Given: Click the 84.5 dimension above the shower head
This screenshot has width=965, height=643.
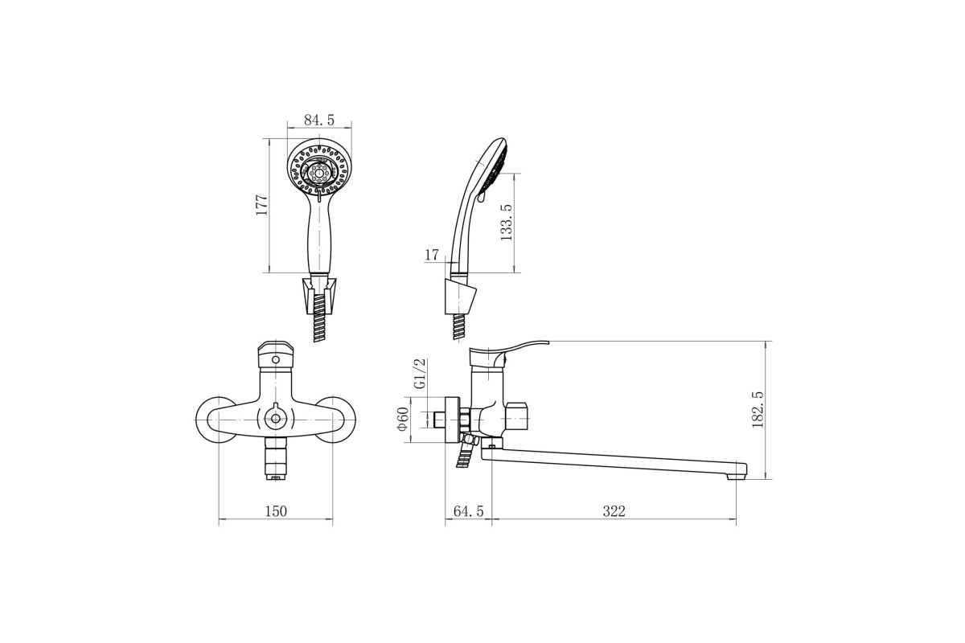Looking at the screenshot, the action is [x=318, y=120].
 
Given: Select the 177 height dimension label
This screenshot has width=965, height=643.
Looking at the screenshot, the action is [x=261, y=206].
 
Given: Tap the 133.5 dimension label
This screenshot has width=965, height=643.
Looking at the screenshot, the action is [x=507, y=222].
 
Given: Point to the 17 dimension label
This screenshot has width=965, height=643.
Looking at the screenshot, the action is [x=432, y=255].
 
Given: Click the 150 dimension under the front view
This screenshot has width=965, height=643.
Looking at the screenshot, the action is [x=276, y=511].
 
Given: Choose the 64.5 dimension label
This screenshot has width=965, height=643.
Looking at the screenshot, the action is [x=469, y=511].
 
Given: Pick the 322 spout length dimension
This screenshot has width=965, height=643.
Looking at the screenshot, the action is [x=614, y=511].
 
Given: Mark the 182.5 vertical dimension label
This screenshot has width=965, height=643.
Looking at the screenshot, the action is [x=758, y=410].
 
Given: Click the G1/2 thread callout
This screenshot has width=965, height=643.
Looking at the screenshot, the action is [x=420, y=374].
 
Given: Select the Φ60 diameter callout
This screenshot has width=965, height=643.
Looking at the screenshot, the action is [x=402, y=419].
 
